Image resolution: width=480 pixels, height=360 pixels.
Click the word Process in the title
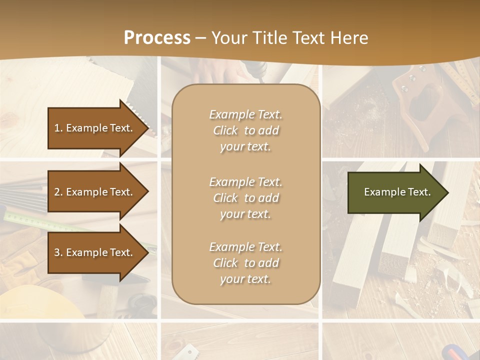pos(157,38)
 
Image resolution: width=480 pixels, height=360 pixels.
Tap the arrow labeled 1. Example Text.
pos(95,128)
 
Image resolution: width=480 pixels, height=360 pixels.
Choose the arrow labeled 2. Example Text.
pos(95,192)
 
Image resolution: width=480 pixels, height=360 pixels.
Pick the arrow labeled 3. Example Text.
pos(95,252)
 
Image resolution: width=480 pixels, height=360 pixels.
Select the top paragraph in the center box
pos(245,130)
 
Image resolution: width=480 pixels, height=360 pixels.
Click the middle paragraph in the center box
pos(245,198)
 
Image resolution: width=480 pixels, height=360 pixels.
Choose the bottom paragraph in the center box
pos(245,263)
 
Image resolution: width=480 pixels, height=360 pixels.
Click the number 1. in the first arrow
pos(58,128)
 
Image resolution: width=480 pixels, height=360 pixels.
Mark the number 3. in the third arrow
pos(58,252)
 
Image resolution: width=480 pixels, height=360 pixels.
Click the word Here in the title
pos(350,38)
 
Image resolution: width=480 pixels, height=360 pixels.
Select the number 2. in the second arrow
pos(58,192)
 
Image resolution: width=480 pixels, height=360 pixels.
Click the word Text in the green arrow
pos(420,192)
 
